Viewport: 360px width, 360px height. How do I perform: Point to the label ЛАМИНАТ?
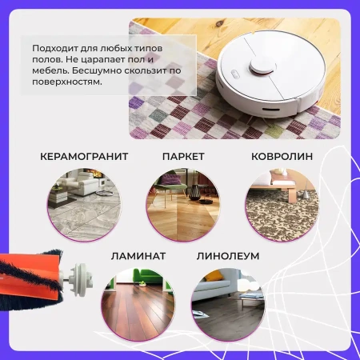(138, 256)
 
